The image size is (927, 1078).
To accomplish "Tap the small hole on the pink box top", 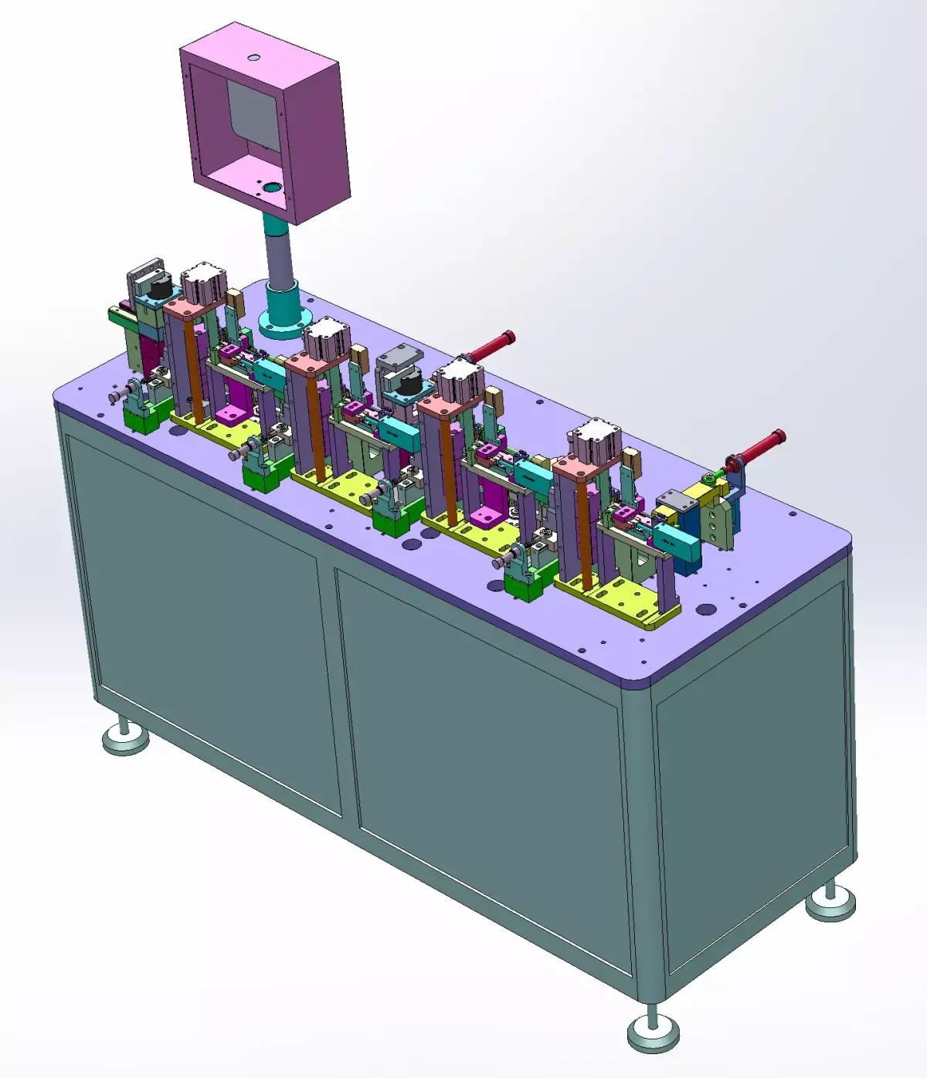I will (253, 57).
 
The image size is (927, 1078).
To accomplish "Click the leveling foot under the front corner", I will (653, 1030).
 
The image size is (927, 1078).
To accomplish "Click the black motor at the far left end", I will (160, 289).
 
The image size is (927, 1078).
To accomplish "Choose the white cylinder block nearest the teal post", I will (203, 282).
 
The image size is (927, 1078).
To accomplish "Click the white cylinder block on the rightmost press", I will (595, 439).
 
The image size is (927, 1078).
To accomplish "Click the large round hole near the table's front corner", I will (705, 610).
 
